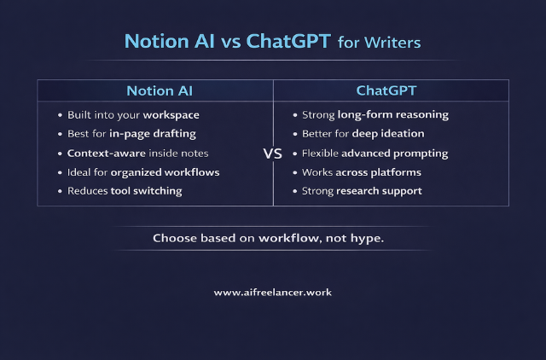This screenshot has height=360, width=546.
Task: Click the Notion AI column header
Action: click(x=155, y=90)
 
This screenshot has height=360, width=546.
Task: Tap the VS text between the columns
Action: click(x=273, y=154)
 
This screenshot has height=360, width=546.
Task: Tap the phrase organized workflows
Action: click(x=165, y=172)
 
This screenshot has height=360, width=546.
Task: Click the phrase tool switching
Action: click(x=146, y=191)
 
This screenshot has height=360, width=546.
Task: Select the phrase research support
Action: click(x=379, y=191)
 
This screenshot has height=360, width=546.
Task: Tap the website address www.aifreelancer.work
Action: click(x=273, y=292)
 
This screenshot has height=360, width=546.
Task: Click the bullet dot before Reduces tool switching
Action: click(x=60, y=191)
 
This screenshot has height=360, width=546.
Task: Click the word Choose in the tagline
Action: click(x=174, y=237)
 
